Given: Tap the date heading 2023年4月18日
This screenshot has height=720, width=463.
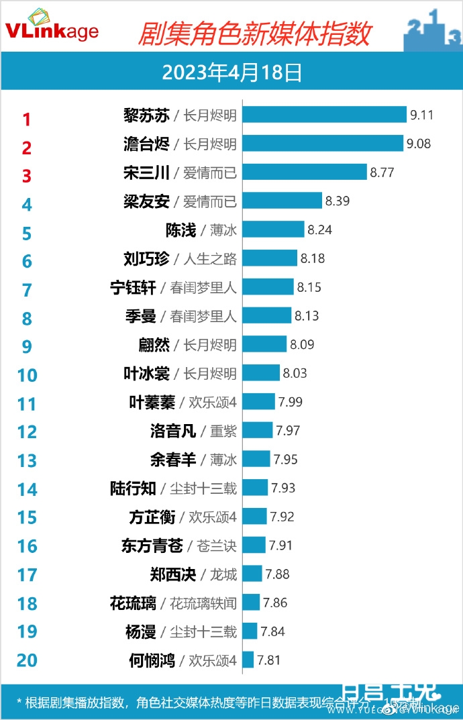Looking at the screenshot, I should (x=232, y=72).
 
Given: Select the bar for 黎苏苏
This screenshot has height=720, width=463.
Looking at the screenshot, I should (x=325, y=115).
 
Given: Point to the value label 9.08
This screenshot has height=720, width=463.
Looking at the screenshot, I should (x=419, y=144).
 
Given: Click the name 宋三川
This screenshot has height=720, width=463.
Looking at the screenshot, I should (x=147, y=172).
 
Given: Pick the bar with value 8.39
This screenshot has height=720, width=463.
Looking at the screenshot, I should (x=282, y=201).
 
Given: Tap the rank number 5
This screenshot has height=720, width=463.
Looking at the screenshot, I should (x=27, y=234).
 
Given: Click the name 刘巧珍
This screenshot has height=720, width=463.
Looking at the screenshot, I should (x=147, y=258).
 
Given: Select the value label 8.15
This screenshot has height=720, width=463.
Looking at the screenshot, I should (x=309, y=287).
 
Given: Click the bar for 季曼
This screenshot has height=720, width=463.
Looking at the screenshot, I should (x=267, y=315).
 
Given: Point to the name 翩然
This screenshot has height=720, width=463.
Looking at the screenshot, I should (x=153, y=345).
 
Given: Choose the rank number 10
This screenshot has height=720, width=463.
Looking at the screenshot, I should (x=27, y=375).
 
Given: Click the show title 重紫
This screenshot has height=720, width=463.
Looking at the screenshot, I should (x=223, y=431).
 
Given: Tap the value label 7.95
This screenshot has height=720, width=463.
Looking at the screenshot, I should (x=285, y=460).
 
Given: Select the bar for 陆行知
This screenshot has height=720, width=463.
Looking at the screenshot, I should (x=255, y=488).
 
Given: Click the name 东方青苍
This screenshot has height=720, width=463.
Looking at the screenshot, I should (x=152, y=546).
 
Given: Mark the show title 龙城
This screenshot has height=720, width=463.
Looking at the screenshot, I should (x=223, y=574).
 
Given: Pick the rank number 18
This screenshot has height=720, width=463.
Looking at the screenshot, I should (x=27, y=604).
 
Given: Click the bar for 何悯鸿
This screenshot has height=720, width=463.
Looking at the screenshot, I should (x=248, y=660).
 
